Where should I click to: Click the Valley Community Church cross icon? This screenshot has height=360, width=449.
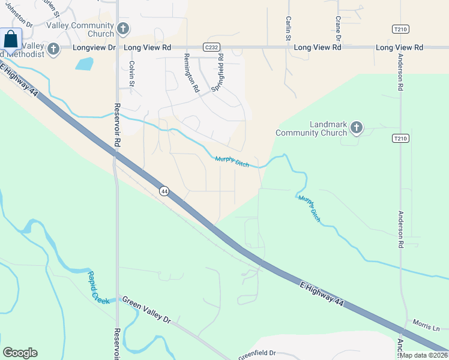pos(123,28)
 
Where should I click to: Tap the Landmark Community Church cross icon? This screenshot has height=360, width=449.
pos(357,127)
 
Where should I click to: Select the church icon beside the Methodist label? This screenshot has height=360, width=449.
pos(53,49)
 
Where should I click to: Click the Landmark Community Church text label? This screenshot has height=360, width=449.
pos(312,128)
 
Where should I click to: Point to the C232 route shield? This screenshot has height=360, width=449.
pos(210,47)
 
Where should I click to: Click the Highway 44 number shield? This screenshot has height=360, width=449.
pos(164,191)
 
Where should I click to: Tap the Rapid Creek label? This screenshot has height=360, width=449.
pos(98,286)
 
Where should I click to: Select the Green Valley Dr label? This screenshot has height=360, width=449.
pos(147,310)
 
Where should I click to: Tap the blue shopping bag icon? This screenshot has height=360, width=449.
pos(11,40)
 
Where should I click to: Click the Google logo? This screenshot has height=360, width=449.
pos(20,353)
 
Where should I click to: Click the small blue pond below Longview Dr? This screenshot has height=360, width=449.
pos(85,64)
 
